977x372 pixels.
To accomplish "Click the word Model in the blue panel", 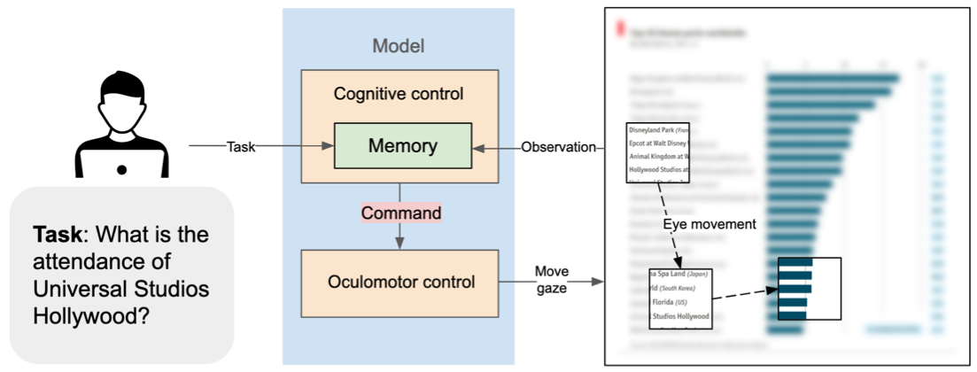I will tap(398, 46).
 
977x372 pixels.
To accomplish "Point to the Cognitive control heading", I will tap(398, 93).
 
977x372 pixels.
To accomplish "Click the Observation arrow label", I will tap(558, 147).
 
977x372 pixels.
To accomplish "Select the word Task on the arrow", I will tap(241, 147).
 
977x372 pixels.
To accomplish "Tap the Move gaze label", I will tap(551, 278).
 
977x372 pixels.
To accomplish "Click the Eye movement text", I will tap(709, 224).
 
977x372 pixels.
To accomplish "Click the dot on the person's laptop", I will tap(121, 169).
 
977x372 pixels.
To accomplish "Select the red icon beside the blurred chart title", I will tap(619, 29).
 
